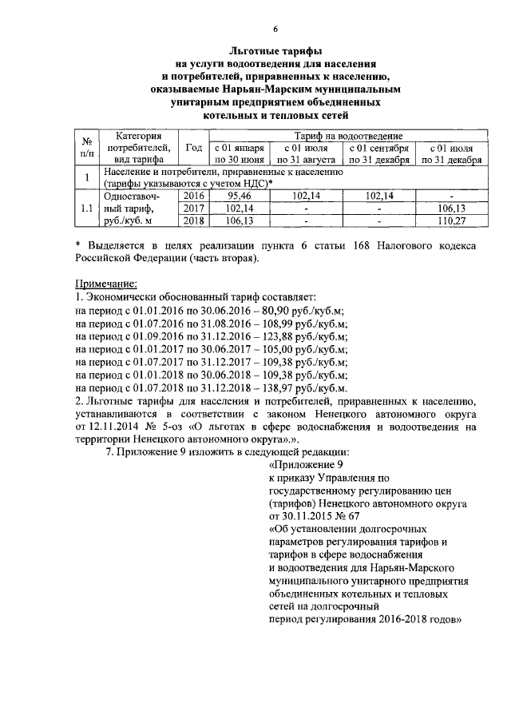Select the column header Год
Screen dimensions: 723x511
tap(193, 148)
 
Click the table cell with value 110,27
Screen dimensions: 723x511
tap(452, 221)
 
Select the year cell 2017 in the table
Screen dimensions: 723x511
tap(193, 208)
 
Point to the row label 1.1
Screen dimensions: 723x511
tap(85, 209)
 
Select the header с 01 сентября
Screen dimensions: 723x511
tap(378, 149)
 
